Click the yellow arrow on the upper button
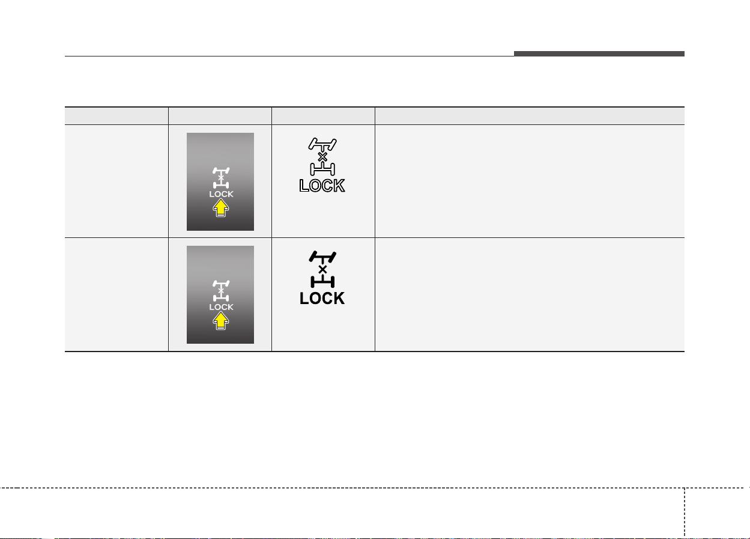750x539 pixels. click(x=220, y=208)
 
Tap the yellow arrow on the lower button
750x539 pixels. click(x=220, y=321)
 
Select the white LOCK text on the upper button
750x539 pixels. click(x=221, y=194)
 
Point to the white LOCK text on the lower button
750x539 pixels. click(x=221, y=307)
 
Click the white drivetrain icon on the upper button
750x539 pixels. click(x=221, y=178)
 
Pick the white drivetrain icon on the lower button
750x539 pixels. click(x=221, y=291)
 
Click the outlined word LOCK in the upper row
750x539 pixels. click(x=322, y=186)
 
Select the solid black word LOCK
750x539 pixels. click(x=322, y=299)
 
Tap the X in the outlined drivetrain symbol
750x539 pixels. click(x=322, y=157)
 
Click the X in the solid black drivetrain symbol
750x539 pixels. click(x=322, y=270)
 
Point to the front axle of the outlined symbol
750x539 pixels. click(x=322, y=144)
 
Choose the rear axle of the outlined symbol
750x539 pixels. click(x=322, y=169)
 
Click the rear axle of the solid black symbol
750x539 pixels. click(x=322, y=282)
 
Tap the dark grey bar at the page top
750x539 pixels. click(x=599, y=53)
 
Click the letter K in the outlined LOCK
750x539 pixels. click(x=339, y=186)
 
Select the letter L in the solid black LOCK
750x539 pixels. click(x=304, y=299)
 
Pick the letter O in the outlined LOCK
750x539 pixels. click(x=315, y=186)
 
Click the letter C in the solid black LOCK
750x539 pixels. click(x=327, y=299)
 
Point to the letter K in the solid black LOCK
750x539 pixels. click(x=339, y=299)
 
